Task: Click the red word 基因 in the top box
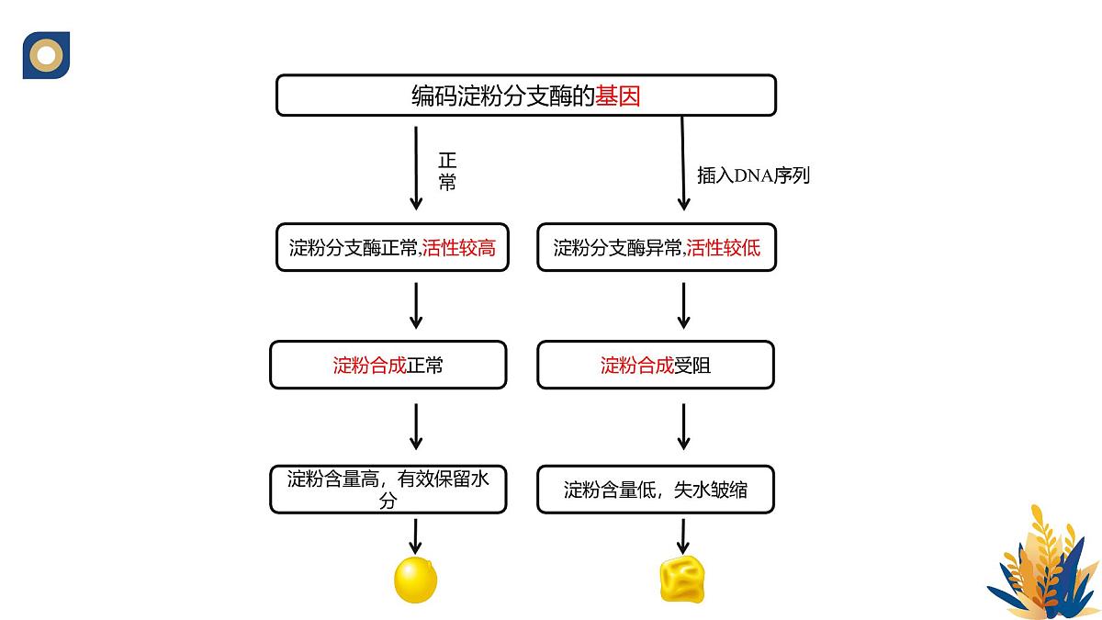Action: (618, 96)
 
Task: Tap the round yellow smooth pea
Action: (415, 580)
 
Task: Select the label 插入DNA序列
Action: (753, 175)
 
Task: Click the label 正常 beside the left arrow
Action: (447, 171)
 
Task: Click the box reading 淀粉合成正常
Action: (388, 366)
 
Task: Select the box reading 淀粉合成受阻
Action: (656, 366)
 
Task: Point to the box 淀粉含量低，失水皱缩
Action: (656, 490)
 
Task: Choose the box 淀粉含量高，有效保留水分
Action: (388, 490)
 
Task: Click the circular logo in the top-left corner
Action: (46, 55)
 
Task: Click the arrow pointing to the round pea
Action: (416, 535)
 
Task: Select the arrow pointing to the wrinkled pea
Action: (683, 535)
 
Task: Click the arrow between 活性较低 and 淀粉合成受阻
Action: (683, 306)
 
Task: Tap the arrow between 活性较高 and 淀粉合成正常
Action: (416, 306)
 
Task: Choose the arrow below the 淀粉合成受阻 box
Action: (683, 427)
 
